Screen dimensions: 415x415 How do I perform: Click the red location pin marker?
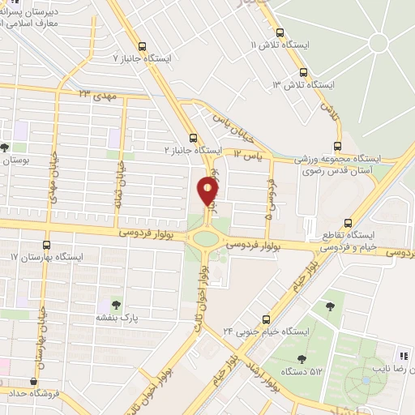pyautogui.click(x=208, y=192)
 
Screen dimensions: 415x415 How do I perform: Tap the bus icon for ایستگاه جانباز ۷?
pyautogui.click(x=143, y=46)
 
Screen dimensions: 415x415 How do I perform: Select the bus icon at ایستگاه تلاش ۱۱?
pyautogui.click(x=280, y=33)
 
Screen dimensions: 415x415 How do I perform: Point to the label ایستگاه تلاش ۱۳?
pyautogui.click(x=303, y=84)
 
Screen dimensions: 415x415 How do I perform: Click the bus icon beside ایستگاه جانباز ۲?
pyautogui.click(x=192, y=138)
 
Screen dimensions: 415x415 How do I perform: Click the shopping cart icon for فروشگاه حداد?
pyautogui.click(x=33, y=381)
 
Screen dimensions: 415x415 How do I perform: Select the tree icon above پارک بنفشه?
pyautogui.click(x=117, y=306)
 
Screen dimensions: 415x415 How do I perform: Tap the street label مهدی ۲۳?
pyautogui.click(x=98, y=95)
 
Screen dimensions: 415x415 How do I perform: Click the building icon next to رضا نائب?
pyautogui.click(x=401, y=356)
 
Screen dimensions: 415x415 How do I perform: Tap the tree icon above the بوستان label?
pyautogui.click(x=6, y=148)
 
